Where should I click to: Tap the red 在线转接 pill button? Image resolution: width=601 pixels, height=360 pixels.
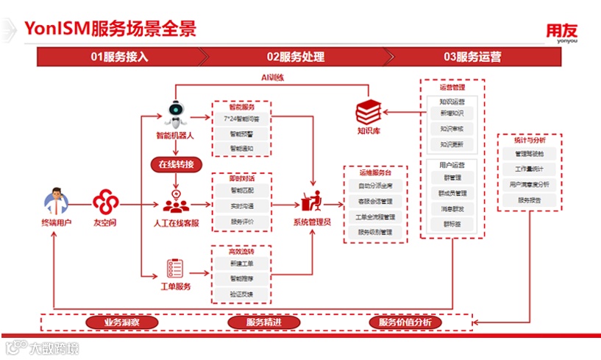176,163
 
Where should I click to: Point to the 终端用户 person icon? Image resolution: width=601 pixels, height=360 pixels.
56,201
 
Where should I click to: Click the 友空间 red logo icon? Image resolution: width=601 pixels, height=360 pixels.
105,201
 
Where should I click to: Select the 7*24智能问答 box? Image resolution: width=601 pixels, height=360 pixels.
241,119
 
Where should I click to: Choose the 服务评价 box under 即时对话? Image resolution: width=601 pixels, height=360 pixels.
241,221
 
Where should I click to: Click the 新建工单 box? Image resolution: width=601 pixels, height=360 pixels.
241,263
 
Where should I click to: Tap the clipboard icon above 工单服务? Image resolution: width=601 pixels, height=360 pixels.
175,267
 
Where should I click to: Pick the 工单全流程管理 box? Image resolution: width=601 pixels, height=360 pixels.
375,217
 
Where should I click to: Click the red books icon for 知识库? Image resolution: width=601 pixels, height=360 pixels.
368,113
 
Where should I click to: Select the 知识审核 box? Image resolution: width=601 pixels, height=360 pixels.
452,129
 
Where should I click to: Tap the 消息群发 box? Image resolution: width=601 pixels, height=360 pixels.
452,209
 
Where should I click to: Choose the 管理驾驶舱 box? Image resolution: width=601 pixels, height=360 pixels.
529,154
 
